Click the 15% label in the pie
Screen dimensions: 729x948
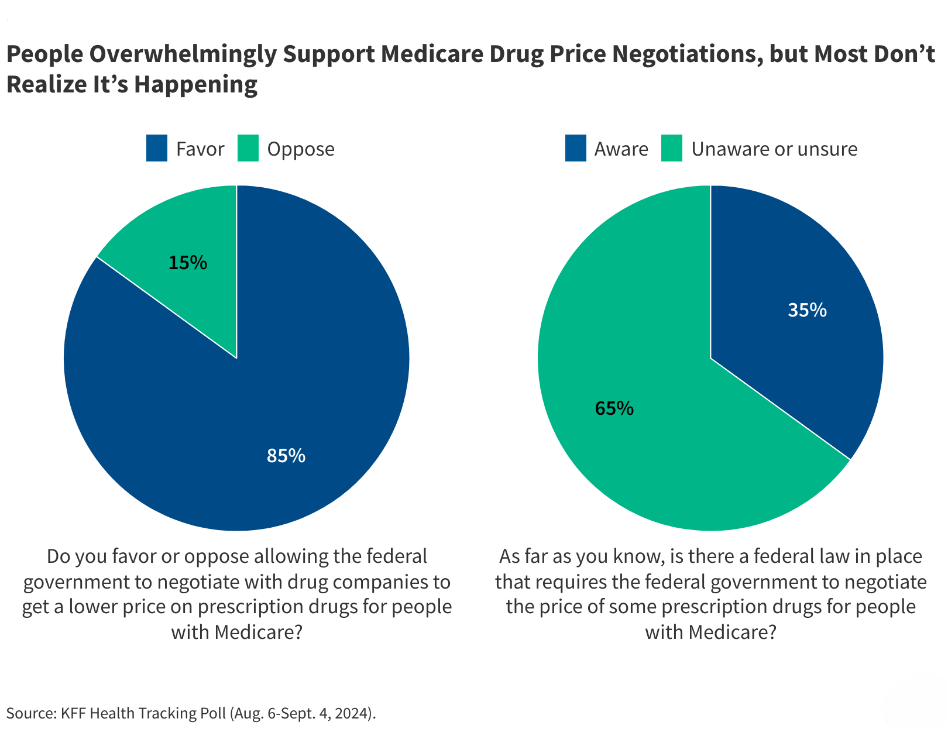pos(188,263)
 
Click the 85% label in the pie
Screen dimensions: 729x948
pos(286,456)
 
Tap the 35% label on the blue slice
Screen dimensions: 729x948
pos(807,310)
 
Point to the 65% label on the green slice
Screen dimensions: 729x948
pos(614,408)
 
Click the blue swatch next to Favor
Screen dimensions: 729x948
pos(157,149)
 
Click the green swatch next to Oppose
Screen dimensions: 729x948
pos(248,149)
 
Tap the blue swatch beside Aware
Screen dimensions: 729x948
pos(576,149)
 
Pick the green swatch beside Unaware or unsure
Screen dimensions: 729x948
pos(672,149)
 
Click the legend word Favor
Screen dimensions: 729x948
pos(200,149)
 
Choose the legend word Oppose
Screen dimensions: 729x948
pos(301,149)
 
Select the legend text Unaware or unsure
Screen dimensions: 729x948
pos(774,149)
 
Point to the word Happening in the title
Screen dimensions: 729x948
pos(196,85)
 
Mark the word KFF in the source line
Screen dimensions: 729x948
pos(74,713)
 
